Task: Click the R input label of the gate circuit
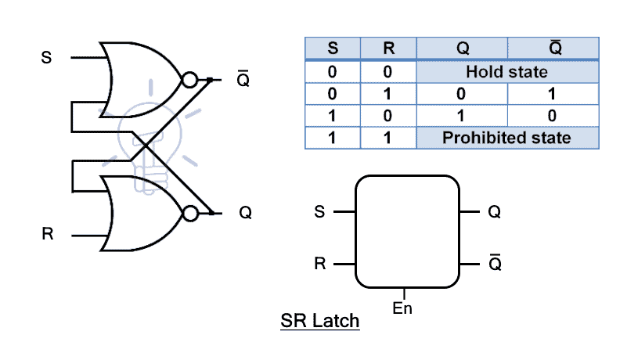(48, 234)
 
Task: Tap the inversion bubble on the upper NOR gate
(189, 79)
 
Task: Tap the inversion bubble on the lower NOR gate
(188, 212)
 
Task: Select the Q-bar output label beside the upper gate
(243, 79)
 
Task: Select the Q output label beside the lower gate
(245, 212)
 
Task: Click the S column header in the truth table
(333, 48)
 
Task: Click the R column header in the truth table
(389, 48)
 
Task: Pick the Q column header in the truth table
(463, 48)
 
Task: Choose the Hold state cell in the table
(506, 71)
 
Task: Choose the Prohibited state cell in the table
(506, 138)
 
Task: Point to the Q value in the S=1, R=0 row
(463, 116)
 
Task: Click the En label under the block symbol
(402, 308)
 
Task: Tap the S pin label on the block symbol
(318, 212)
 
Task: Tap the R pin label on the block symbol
(319, 264)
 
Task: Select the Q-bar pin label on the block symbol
(494, 263)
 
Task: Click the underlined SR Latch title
(319, 321)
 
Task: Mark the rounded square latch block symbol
(406, 232)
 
